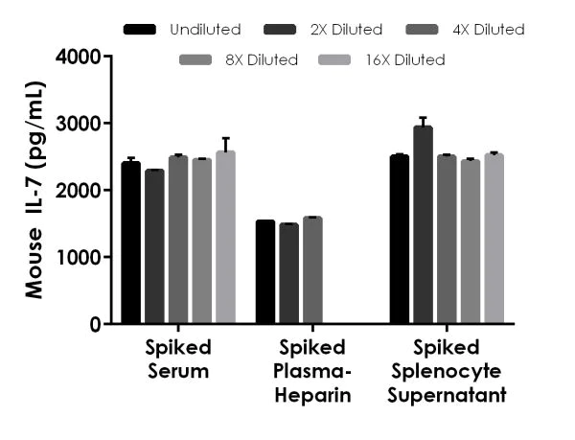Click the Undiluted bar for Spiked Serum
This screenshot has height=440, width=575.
coord(130,243)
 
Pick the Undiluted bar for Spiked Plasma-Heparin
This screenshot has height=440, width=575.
coord(264,272)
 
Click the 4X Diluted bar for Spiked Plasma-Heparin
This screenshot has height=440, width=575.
coord(312,271)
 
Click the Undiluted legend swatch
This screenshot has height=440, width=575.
coord(141,30)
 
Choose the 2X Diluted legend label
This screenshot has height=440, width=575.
coord(347,30)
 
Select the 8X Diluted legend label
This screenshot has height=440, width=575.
coord(262,60)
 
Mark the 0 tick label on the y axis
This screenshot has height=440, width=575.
coord(96,325)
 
